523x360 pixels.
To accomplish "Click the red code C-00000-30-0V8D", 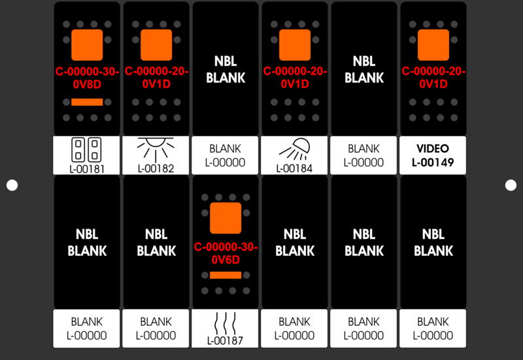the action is point(87,78).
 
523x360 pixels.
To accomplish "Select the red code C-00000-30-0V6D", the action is point(226,254).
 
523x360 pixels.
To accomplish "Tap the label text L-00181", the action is point(87,169).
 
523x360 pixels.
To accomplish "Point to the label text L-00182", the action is point(156,169).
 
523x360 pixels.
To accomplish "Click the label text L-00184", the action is point(294,169).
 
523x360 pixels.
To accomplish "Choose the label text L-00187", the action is point(225,340).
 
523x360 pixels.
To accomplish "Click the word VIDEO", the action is point(433,148).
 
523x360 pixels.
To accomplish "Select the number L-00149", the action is point(433,162).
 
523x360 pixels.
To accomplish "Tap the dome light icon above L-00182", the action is point(156,150).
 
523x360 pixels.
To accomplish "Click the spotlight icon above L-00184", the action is point(295,150).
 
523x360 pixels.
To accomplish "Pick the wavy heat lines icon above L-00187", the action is point(225,323).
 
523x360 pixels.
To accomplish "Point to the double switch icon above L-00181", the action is point(86,150).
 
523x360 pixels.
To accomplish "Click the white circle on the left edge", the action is point(12,186).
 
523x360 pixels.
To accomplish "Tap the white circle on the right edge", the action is point(511,186).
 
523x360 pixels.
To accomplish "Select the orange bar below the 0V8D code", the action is point(87,102).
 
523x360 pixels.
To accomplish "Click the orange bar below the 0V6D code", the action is point(226,275).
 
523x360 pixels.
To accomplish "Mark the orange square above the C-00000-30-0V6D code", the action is point(226,218).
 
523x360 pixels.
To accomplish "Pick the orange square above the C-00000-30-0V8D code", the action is point(87,45).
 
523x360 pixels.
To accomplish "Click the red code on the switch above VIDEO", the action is point(433,77).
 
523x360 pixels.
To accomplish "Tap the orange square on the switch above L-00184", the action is point(295,45).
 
